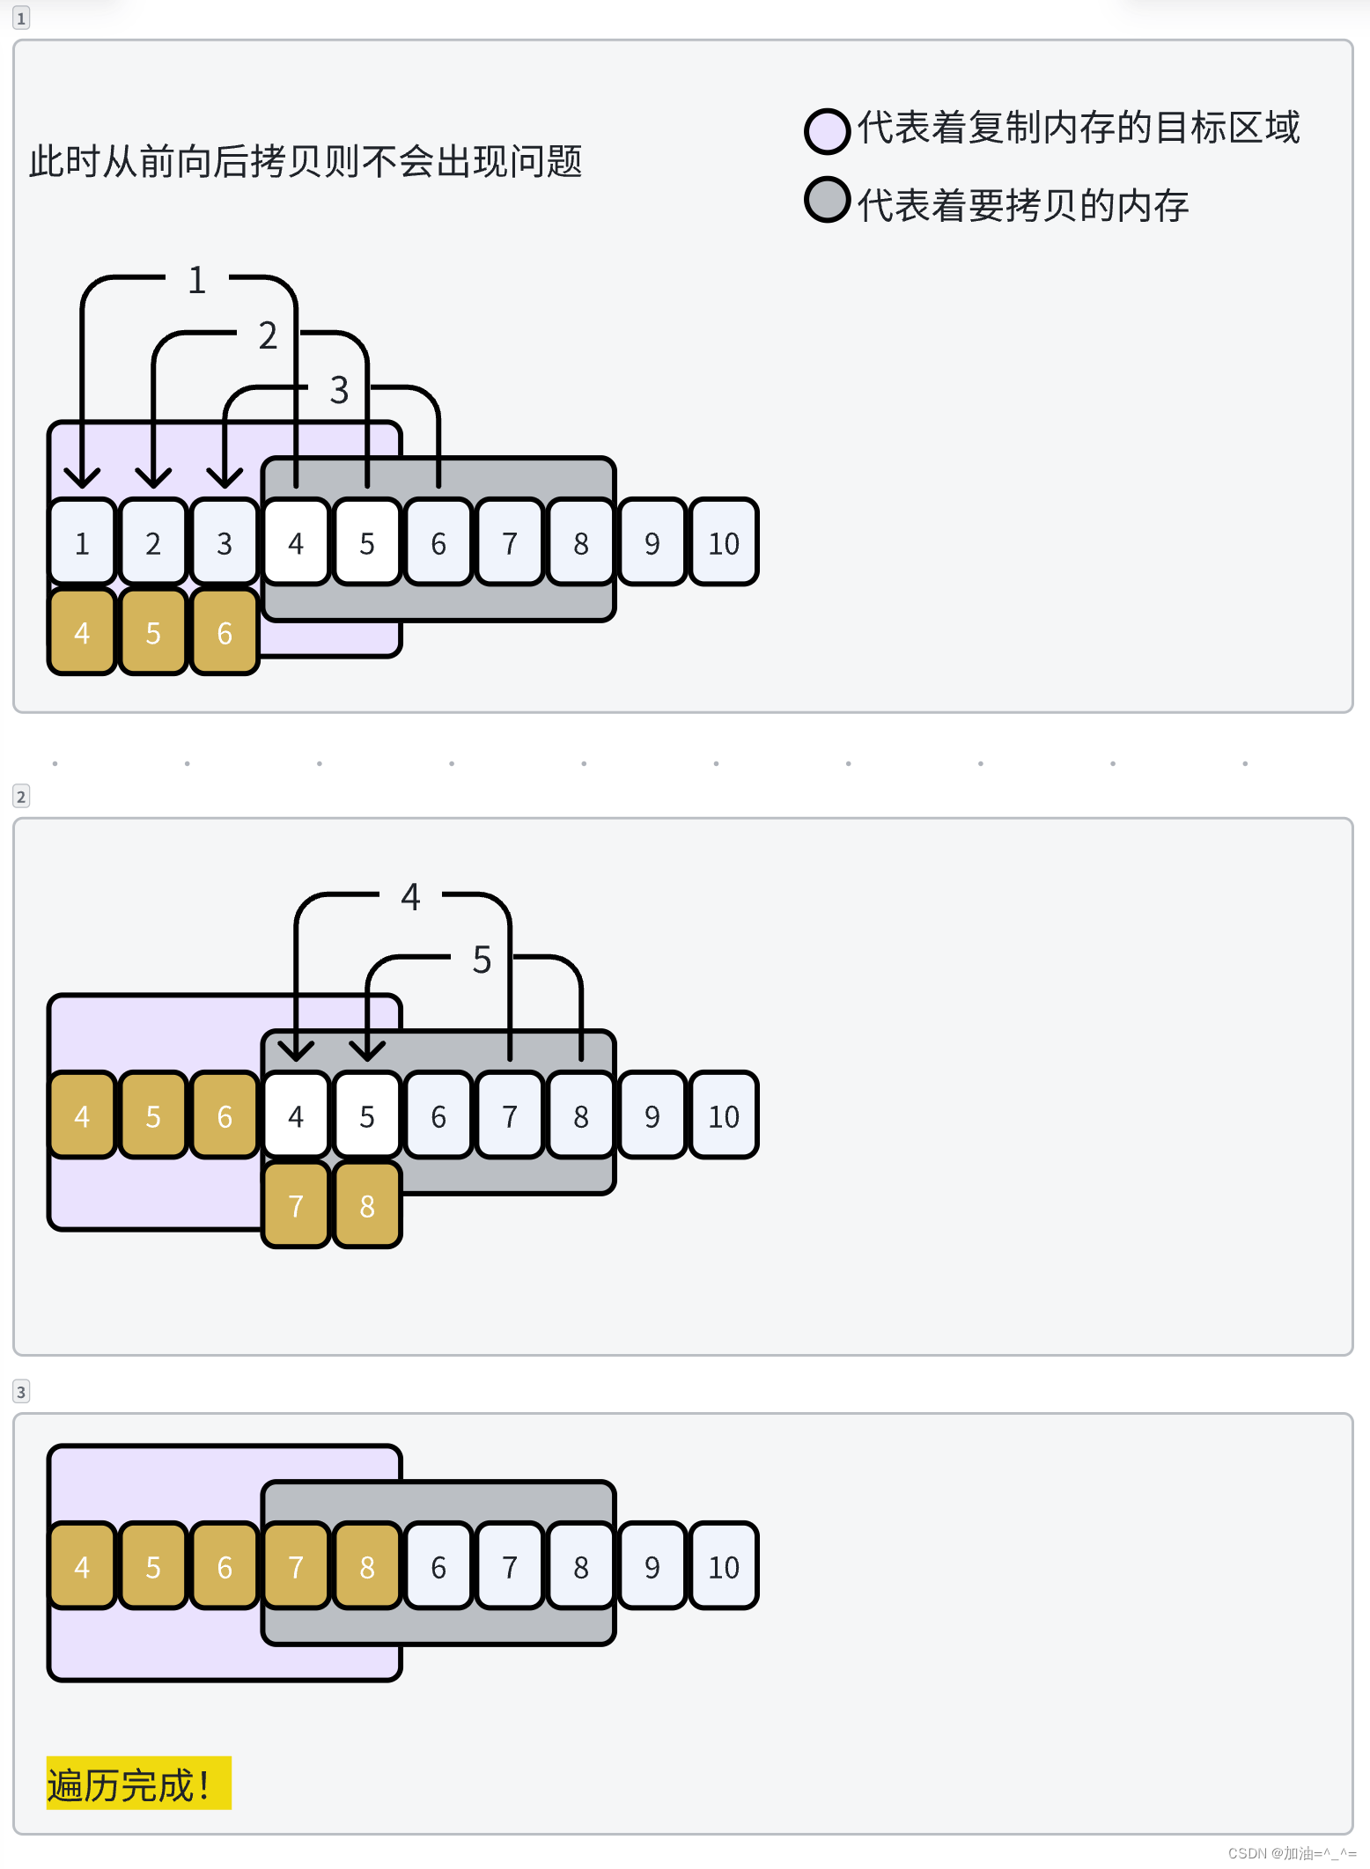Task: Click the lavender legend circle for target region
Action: pos(827,131)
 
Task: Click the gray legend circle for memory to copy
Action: pos(827,200)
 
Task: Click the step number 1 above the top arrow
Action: pos(197,280)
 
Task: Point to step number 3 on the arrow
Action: pos(339,390)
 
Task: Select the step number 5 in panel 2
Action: pos(482,960)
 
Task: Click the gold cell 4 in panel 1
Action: pos(82,632)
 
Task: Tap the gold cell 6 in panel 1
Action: pos(225,632)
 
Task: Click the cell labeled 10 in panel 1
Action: pos(724,542)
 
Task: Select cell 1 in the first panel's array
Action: pos(82,542)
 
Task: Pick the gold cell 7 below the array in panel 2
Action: pos(296,1205)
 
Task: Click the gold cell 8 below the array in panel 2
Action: pos(367,1205)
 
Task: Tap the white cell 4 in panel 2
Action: pos(296,1116)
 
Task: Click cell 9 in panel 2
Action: pos(652,1116)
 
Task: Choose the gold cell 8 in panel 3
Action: pos(367,1567)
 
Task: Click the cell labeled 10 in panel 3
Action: pos(724,1567)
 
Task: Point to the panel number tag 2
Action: pos(21,797)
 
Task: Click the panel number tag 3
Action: pos(21,1392)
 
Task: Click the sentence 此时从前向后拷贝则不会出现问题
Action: pos(306,162)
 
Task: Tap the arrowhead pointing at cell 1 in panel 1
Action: pos(82,478)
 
